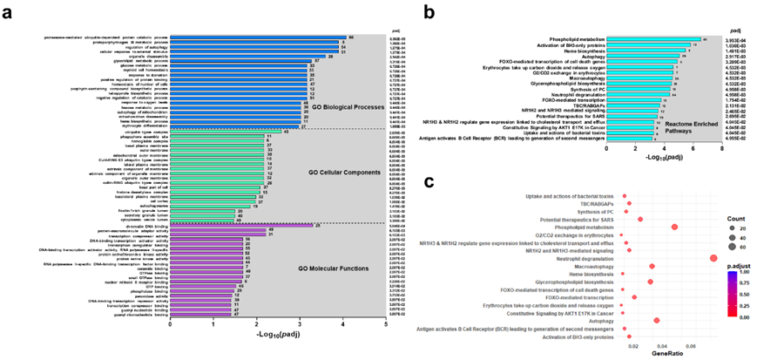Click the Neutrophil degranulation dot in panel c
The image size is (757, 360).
click(713, 258)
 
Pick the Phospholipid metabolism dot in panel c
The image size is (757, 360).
click(675, 227)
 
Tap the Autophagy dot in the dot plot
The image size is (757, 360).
click(656, 321)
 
